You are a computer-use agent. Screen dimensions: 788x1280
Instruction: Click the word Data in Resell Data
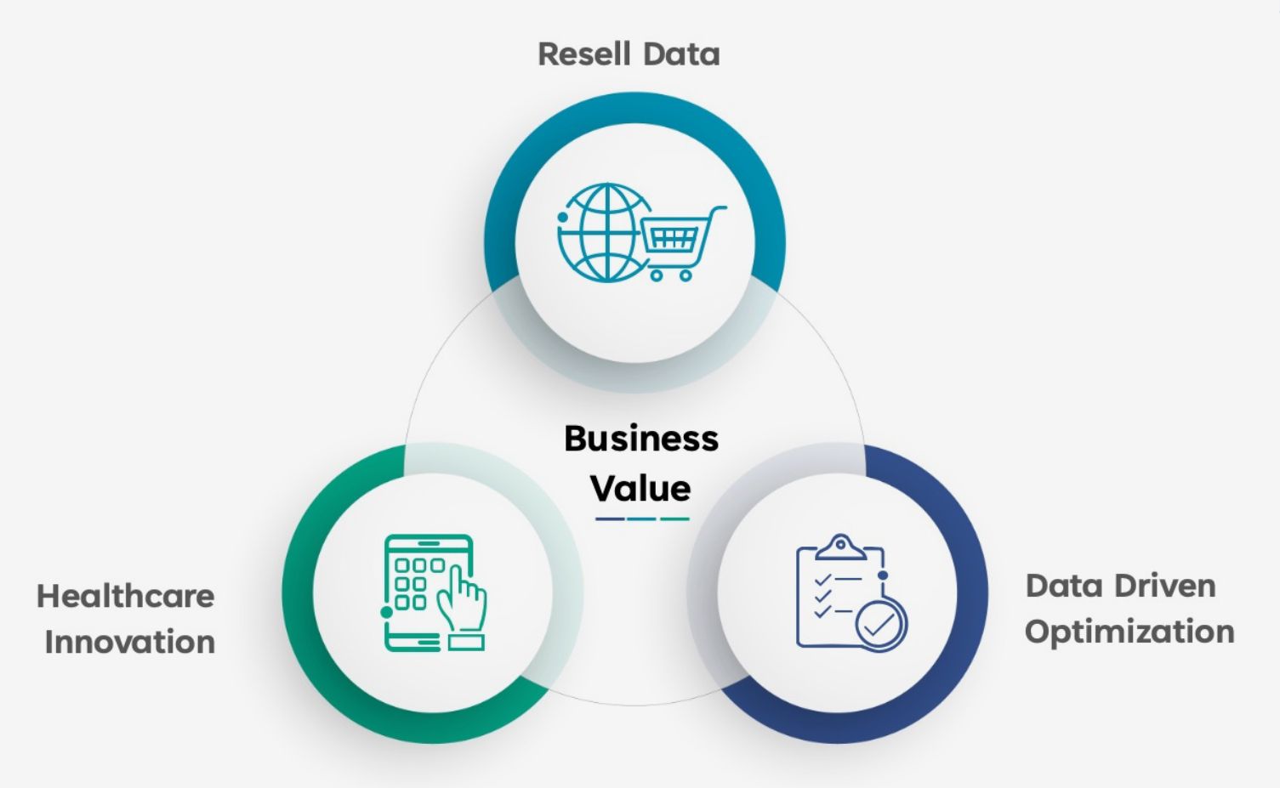tap(682, 54)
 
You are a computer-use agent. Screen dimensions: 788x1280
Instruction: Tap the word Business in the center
tap(641, 439)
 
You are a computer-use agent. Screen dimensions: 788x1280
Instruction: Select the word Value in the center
tap(640, 489)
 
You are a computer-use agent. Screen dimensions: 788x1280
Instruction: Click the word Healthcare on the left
tap(126, 596)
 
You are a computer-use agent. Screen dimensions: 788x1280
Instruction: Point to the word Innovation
tap(130, 642)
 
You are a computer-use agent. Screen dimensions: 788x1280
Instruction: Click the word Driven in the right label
tap(1164, 586)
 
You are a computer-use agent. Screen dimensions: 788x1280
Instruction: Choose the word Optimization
tap(1129, 632)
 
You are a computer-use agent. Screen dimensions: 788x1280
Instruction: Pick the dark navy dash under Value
tap(610, 519)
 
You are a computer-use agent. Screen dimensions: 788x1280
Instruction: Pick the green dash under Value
tap(674, 519)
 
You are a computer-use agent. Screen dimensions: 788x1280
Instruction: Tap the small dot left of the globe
tap(563, 218)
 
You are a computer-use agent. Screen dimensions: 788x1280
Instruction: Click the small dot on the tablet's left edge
tap(387, 611)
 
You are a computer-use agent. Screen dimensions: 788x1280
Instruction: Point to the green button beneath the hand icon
tap(465, 642)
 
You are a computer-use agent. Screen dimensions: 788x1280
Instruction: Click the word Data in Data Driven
tap(1063, 586)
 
